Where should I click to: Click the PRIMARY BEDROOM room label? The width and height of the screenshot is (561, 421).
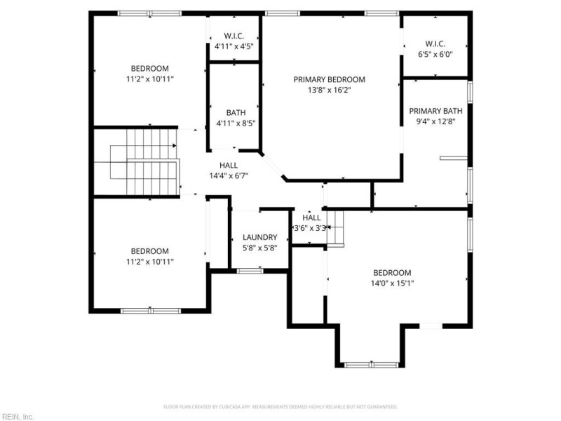[x=329, y=80]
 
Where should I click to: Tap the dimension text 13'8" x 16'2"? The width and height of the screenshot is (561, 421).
[x=329, y=90]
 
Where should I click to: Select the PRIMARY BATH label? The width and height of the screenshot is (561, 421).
[x=435, y=111]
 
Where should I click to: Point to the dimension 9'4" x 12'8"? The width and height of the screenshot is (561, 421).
[x=435, y=121]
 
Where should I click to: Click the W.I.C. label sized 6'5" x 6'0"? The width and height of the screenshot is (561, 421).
[x=435, y=44]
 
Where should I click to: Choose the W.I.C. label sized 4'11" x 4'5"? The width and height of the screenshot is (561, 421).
[x=234, y=36]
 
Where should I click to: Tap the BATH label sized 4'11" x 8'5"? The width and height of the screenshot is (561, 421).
[x=236, y=113]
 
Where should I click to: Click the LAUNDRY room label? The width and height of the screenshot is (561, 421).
[x=259, y=237]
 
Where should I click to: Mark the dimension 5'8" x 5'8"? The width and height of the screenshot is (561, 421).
[x=259, y=247]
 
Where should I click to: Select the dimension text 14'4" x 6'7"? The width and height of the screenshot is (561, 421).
[x=229, y=175]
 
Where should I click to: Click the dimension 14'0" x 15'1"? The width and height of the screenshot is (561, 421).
[x=392, y=283]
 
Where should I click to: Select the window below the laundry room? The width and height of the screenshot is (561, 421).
[x=249, y=270]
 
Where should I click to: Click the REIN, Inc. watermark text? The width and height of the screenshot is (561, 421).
[x=17, y=417]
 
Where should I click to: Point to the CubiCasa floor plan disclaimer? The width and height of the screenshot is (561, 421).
[x=280, y=406]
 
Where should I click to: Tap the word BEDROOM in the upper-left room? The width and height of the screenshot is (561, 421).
[x=149, y=68]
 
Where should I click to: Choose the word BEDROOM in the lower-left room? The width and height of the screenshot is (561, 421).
[x=149, y=251]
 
